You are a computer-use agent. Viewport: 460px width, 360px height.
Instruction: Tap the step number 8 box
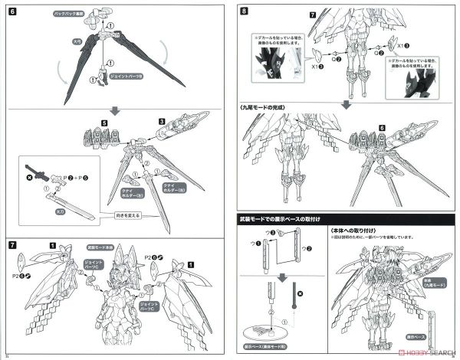[x=243, y=11]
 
